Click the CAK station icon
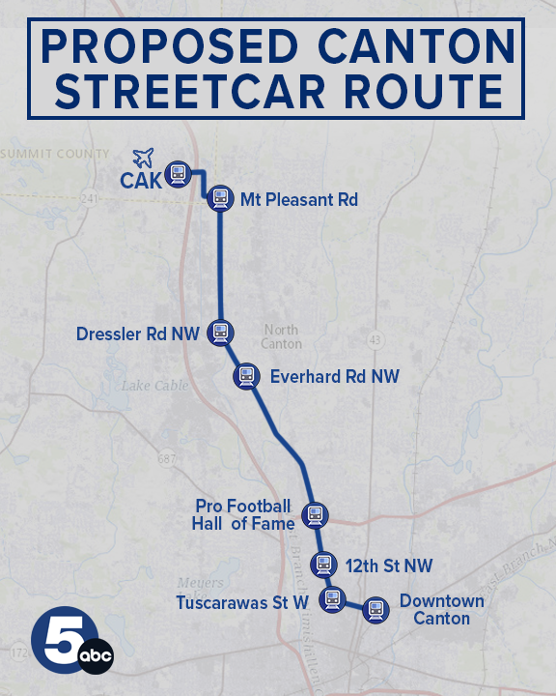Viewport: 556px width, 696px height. (178, 174)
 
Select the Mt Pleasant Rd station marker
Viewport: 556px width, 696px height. (220, 198)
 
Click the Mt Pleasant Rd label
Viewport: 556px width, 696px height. (299, 200)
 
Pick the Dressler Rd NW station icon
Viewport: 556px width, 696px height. (220, 333)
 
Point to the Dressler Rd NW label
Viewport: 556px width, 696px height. (137, 334)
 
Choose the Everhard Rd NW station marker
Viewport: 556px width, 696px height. (247, 376)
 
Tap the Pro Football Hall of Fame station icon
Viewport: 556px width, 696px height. (314, 515)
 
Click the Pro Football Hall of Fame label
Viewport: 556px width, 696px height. (243, 515)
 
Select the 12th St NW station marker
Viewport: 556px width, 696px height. (323, 565)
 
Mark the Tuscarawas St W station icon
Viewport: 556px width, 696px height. (332, 599)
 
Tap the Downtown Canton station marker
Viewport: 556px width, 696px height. (375, 610)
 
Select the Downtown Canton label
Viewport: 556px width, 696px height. (441, 609)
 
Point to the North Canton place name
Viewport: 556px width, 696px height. (281, 336)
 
